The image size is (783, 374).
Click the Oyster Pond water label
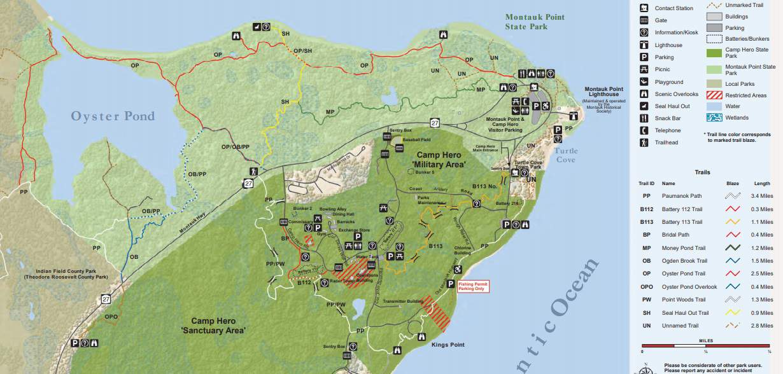point(113,116)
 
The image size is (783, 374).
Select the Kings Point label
point(448,345)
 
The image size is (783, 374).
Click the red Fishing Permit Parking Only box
point(471,286)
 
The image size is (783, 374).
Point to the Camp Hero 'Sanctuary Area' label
point(213,326)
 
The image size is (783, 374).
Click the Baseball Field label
point(418,139)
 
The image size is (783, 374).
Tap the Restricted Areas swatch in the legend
point(714,95)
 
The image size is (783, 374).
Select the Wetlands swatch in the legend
point(714,118)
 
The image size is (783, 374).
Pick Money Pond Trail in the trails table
point(683,248)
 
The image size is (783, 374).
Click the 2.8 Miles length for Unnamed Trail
point(761,325)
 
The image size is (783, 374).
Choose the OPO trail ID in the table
point(647,287)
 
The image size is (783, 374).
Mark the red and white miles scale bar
point(706,346)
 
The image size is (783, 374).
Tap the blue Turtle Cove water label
point(565,155)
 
